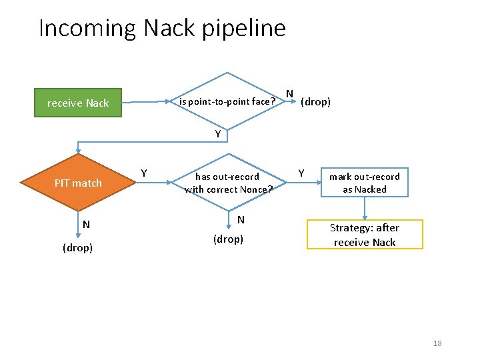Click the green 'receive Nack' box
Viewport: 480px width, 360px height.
(x=78, y=103)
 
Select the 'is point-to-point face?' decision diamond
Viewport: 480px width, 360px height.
(x=228, y=102)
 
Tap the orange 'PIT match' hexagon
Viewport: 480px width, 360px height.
(x=78, y=183)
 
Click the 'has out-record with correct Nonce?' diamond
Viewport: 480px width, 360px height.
(x=228, y=183)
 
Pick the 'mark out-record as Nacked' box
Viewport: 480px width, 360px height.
(x=365, y=183)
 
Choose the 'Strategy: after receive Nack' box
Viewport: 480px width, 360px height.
(x=365, y=235)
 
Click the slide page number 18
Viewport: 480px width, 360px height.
(x=437, y=343)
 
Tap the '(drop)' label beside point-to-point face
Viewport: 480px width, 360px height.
(x=315, y=102)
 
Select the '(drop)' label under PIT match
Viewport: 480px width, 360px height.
(x=78, y=247)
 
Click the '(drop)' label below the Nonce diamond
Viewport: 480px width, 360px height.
(x=228, y=238)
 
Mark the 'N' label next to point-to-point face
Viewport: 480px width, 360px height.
(x=289, y=93)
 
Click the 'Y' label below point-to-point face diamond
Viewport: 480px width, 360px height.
(x=218, y=134)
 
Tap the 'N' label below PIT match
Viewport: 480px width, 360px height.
(x=86, y=224)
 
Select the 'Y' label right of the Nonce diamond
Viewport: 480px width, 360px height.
(x=301, y=173)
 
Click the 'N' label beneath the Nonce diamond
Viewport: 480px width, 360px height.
(x=241, y=219)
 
